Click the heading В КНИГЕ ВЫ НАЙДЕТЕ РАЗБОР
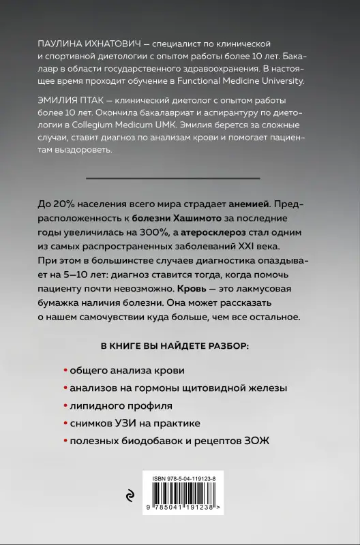[x=180, y=346]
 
